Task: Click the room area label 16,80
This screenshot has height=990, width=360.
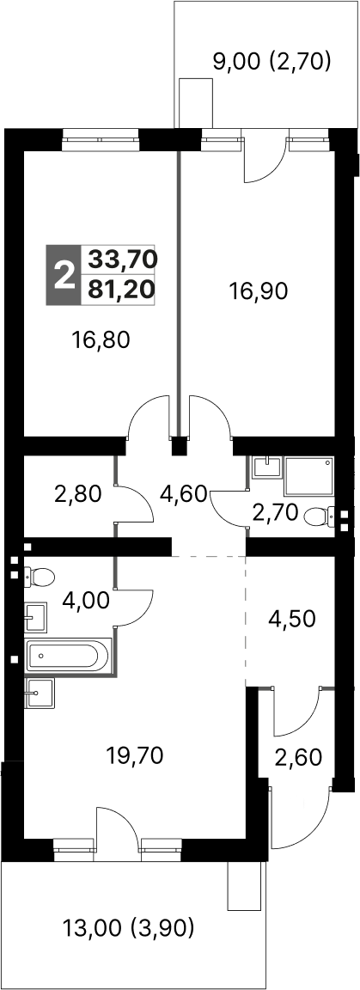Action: tap(101, 341)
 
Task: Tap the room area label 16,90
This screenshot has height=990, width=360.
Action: tap(258, 290)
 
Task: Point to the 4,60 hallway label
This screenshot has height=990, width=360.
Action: tap(183, 493)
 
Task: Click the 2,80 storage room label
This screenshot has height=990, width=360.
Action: tap(77, 493)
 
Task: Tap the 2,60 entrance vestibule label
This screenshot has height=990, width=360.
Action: tap(298, 757)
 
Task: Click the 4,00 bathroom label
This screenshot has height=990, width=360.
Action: tap(85, 600)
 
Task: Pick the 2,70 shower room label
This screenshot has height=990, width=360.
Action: tap(274, 513)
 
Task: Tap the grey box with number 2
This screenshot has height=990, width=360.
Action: tap(63, 276)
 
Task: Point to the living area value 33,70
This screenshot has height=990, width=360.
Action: tap(121, 258)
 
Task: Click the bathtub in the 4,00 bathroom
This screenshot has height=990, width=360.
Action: tap(69, 656)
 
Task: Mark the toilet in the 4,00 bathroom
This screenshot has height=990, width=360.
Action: tap(40, 575)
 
